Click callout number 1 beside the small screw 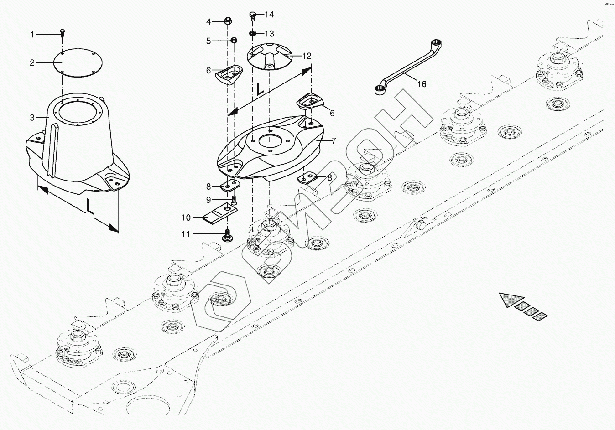tap(32, 34)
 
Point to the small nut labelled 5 tap(233, 41)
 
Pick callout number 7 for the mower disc tap(334, 141)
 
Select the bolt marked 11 tap(228, 236)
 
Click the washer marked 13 tap(253, 34)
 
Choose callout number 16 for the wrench tap(421, 84)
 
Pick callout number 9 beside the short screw tap(208, 200)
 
